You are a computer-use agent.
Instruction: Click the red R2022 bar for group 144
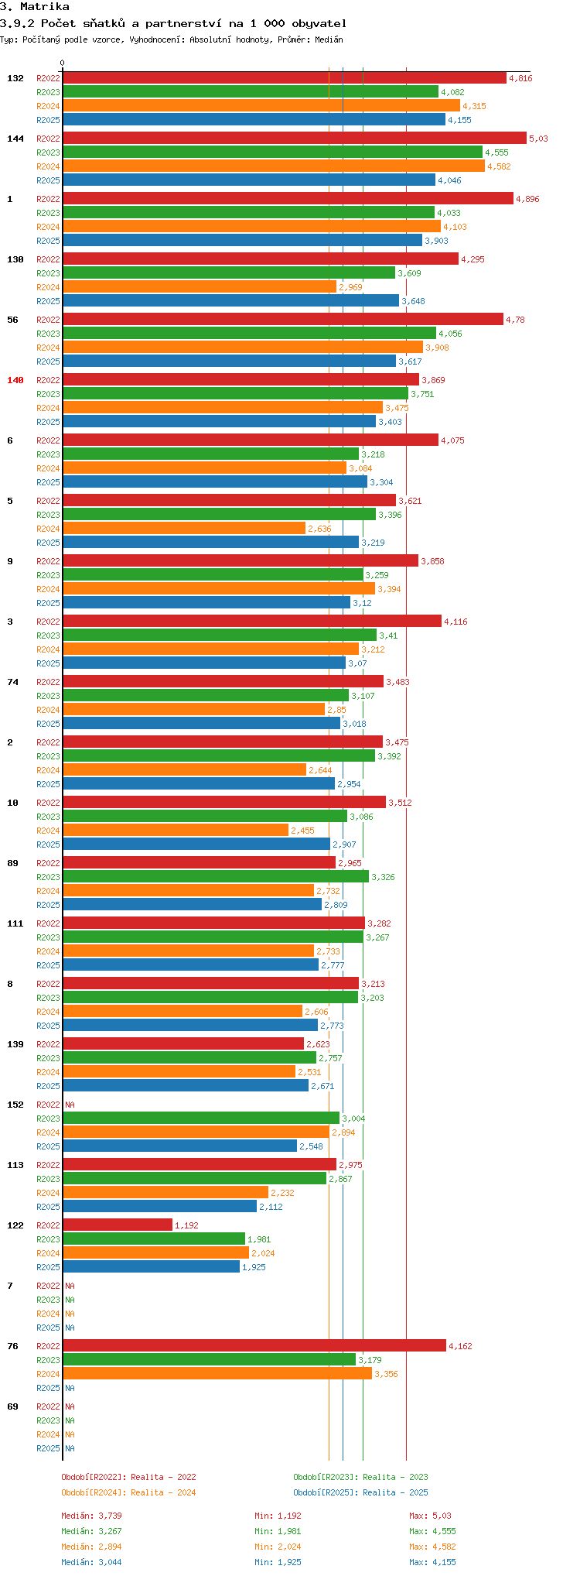click(x=294, y=139)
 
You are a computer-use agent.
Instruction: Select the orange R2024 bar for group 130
click(x=200, y=287)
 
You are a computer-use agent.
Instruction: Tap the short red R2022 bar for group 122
click(x=118, y=1225)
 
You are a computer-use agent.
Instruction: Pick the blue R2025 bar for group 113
click(x=159, y=1207)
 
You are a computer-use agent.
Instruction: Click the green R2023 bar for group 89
click(x=216, y=877)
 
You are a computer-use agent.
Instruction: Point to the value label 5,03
click(x=538, y=139)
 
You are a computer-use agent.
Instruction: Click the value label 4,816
click(x=520, y=78)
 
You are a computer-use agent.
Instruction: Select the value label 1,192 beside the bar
click(x=186, y=1225)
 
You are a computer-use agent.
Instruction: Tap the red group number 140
click(x=15, y=380)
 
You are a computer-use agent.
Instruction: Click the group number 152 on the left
click(x=15, y=1105)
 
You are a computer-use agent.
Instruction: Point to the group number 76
click(x=12, y=1346)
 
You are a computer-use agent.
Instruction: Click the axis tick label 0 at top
click(x=63, y=63)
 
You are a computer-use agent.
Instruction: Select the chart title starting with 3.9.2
click(x=173, y=23)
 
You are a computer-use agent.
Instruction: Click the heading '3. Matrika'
click(x=35, y=7)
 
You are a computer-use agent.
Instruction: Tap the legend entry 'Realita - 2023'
click(x=360, y=1477)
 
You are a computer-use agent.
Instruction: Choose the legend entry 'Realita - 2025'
click(x=360, y=1492)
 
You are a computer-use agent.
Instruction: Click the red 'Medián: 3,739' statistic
click(x=91, y=1516)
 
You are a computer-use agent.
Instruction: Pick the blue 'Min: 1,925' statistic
click(x=278, y=1562)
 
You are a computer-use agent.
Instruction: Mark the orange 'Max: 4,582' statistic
click(x=432, y=1547)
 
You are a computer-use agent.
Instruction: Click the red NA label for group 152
click(x=70, y=1105)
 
